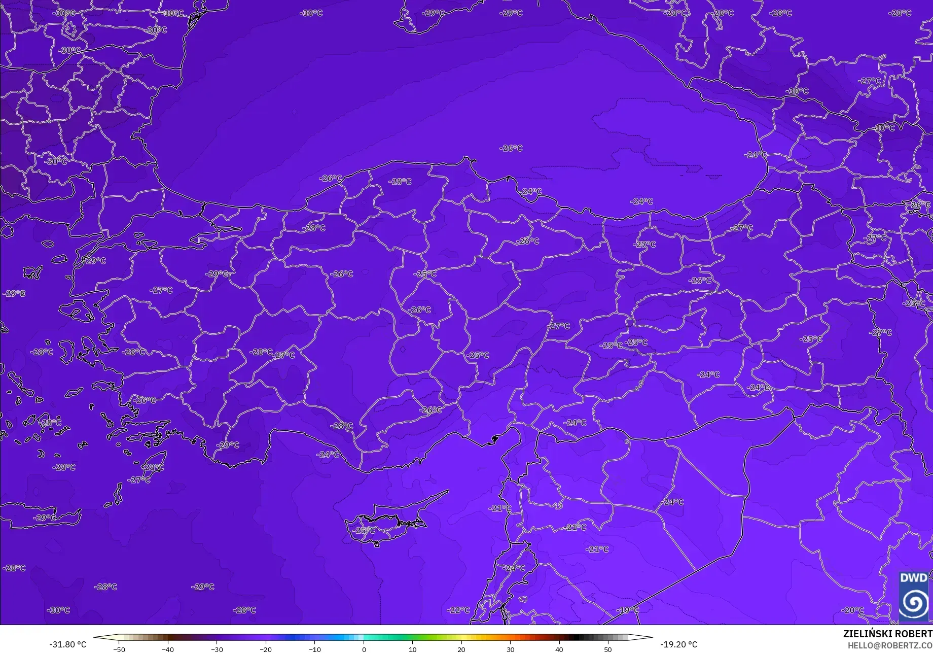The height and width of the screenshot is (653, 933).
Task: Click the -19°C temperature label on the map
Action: point(628,610)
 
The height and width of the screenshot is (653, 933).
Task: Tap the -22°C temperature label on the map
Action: point(458,610)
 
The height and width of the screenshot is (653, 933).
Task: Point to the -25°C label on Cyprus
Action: point(364,530)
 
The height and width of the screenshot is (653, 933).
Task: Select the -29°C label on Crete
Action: point(45,518)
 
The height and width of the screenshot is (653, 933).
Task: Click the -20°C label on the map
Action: point(852,610)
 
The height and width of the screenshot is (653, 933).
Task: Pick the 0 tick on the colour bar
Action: point(364,649)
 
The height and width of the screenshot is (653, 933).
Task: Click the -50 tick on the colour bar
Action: point(119,649)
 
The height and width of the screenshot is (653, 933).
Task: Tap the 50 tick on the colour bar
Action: point(608,649)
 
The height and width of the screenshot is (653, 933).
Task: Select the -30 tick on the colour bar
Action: point(217,649)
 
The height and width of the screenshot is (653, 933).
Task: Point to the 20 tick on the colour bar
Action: point(461,649)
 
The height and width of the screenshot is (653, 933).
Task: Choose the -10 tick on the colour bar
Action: point(315,649)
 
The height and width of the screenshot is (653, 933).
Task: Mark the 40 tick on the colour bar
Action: point(559,649)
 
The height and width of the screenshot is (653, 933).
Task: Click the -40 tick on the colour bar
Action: point(168,649)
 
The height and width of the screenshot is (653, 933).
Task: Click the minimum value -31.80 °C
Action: point(67,644)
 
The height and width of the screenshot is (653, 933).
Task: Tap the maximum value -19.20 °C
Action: point(678,644)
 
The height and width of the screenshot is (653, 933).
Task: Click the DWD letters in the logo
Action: point(913,578)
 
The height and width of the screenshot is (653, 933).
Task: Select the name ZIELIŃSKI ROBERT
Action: point(887,634)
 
